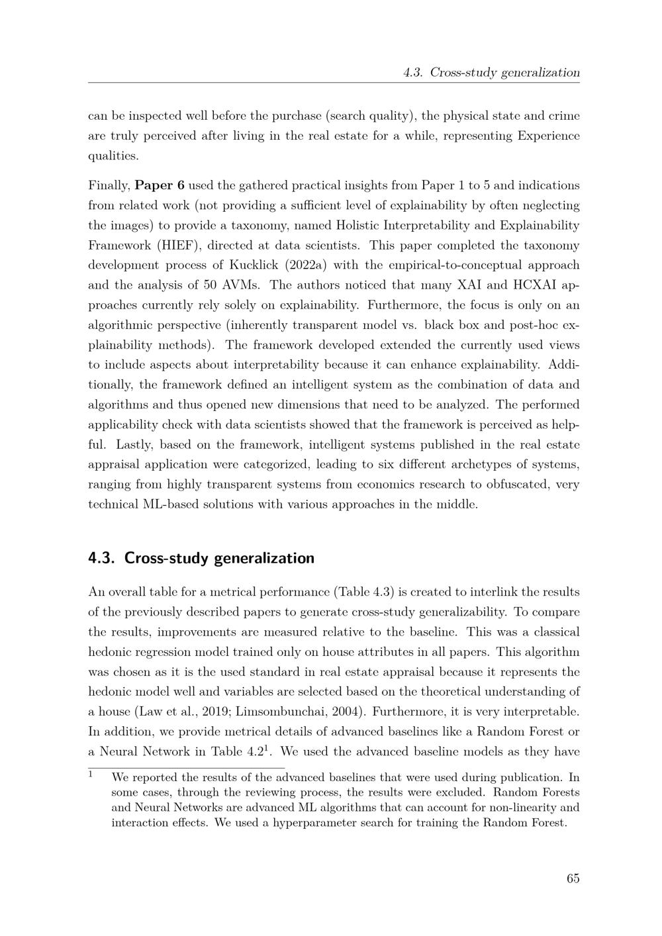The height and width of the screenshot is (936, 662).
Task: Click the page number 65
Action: click(x=573, y=878)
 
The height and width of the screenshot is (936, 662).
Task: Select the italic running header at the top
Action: click(x=491, y=73)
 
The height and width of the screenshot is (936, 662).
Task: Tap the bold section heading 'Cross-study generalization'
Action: click(x=219, y=558)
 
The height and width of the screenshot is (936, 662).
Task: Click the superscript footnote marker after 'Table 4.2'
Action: click(x=265, y=749)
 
